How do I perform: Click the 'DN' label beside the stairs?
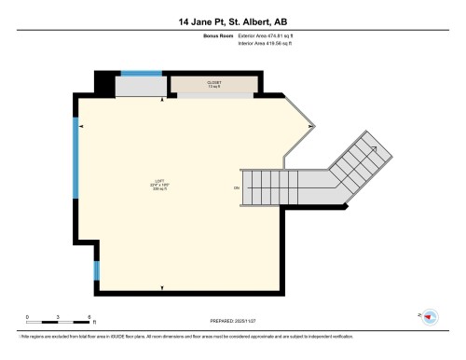pyautogui.click(x=236, y=189)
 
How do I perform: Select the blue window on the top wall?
pyautogui.click(x=141, y=73)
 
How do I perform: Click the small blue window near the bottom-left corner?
pyautogui.click(x=95, y=270)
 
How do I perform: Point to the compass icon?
pyautogui.click(x=431, y=317)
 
